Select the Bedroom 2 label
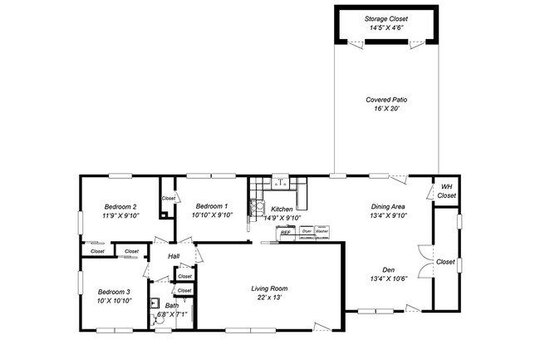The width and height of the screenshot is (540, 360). pyautogui.click(x=120, y=206)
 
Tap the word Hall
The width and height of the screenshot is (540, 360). pyautogui.click(x=174, y=255)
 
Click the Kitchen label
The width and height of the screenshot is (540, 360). pyautogui.click(x=282, y=209)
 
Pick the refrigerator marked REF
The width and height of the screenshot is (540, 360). pyautogui.click(x=285, y=233)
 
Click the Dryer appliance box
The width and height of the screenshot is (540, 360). pyautogui.click(x=307, y=232)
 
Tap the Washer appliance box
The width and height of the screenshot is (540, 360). pyautogui.click(x=322, y=232)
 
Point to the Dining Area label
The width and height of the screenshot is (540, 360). pyautogui.click(x=387, y=206)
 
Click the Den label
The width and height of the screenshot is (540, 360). pyautogui.click(x=387, y=269)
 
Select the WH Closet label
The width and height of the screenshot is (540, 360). pyautogui.click(x=446, y=191)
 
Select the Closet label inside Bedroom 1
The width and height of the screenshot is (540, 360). pyautogui.click(x=169, y=198)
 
